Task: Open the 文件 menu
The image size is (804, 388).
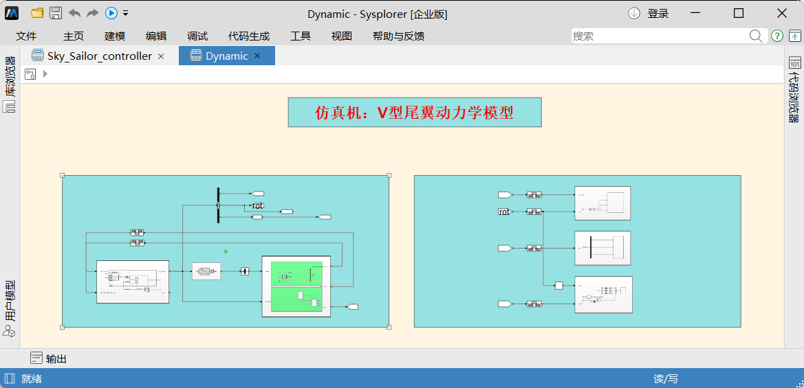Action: (26, 36)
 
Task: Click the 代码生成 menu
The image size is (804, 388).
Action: (249, 36)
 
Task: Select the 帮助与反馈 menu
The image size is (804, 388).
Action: (398, 36)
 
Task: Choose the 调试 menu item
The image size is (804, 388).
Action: (197, 36)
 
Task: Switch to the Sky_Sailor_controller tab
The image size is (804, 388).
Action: (99, 56)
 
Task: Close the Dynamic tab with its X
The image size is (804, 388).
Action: (257, 56)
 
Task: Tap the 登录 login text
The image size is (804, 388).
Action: (658, 14)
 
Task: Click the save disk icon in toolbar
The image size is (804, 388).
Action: (56, 13)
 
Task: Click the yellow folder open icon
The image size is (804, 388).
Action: (37, 13)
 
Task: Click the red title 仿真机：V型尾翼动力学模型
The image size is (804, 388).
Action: (414, 113)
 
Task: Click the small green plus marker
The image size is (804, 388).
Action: (226, 251)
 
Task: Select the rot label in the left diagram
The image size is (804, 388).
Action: (257, 205)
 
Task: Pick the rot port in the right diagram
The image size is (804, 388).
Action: (504, 212)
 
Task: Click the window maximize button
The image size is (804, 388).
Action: (739, 14)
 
